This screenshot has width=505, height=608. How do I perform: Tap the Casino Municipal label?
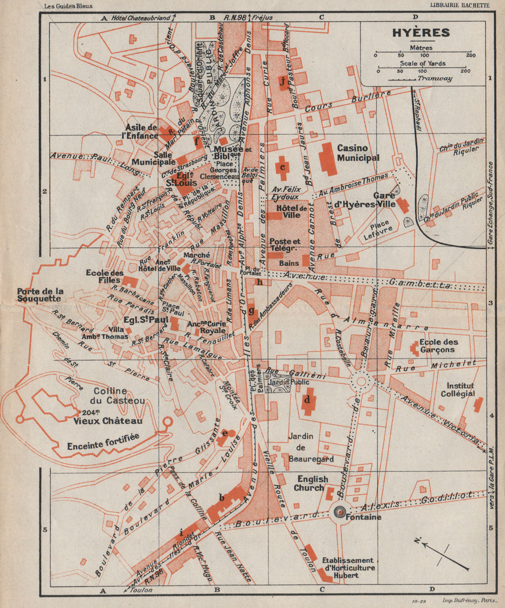pyautogui.click(x=358, y=153)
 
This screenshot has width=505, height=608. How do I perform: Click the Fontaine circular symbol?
pyautogui.click(x=340, y=513)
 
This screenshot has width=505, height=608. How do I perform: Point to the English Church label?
pyautogui.click(x=312, y=483)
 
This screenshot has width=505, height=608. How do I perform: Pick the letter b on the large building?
pyautogui.click(x=221, y=498)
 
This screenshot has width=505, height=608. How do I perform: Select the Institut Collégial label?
pyautogui.click(x=458, y=389)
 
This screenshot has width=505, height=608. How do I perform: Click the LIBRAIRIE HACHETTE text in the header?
pyautogui.click(x=459, y=6)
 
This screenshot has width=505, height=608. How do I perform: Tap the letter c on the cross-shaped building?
pyautogui.click(x=283, y=167)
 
